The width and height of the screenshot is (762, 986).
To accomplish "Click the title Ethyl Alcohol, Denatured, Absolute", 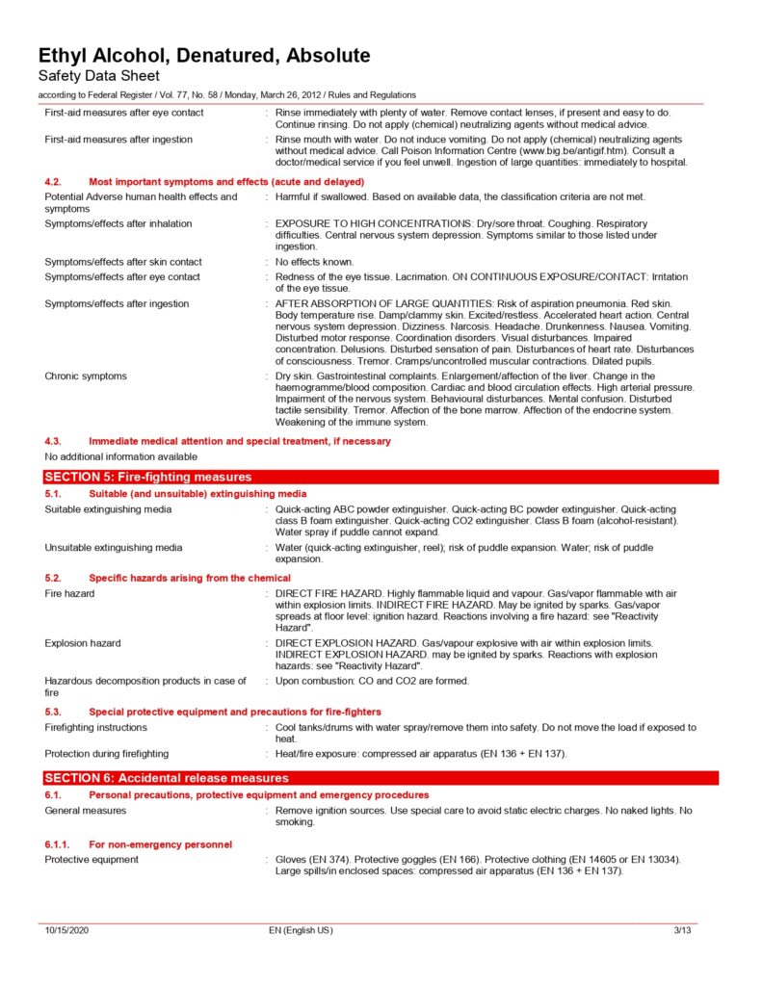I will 203,55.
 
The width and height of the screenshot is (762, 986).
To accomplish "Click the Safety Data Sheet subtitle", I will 99,75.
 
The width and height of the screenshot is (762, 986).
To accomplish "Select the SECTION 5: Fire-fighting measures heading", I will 148,477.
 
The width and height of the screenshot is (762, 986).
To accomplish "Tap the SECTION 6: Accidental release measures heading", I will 167,777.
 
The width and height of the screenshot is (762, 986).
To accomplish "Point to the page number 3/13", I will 682,930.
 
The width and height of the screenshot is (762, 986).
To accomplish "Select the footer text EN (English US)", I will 301,930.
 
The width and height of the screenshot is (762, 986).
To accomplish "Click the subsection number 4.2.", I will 54,181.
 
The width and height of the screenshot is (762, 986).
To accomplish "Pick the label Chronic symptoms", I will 85,376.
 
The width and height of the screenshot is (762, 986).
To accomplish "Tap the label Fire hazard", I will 69,593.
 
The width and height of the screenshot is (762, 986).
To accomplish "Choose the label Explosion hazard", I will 82,642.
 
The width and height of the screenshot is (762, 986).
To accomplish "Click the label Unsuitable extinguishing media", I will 113,547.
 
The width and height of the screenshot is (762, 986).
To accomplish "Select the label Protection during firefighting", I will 106,753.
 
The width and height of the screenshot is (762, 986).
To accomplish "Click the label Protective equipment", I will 92,859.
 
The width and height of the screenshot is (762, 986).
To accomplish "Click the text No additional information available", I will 120,455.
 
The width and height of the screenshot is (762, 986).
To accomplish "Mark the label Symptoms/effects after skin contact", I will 123,262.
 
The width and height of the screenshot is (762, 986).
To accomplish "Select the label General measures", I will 85,811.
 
